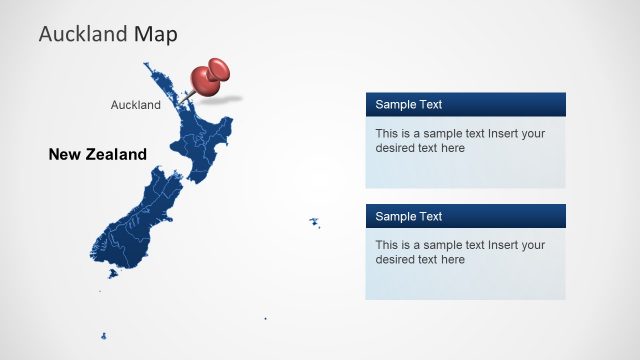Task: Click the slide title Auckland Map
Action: point(108,34)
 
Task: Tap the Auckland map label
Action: point(135,104)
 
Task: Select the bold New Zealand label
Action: point(97,154)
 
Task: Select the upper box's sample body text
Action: point(460,140)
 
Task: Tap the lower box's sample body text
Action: point(460,252)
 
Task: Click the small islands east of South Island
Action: point(313,222)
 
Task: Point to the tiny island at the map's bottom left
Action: point(103,336)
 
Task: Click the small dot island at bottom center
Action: point(265,319)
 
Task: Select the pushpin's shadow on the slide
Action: point(226,98)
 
